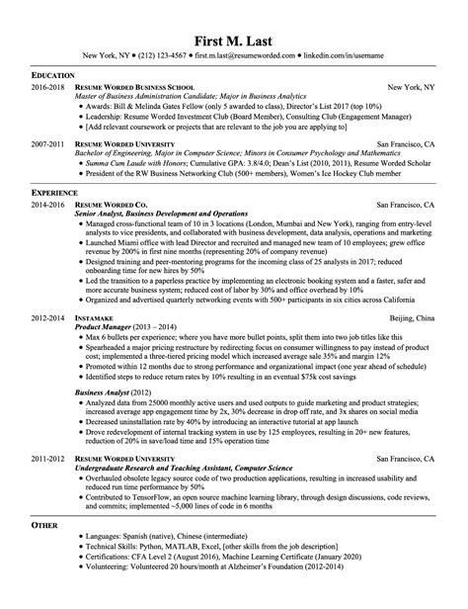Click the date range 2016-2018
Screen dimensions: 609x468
coord(47,87)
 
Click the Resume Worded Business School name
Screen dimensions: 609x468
coord(138,87)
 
